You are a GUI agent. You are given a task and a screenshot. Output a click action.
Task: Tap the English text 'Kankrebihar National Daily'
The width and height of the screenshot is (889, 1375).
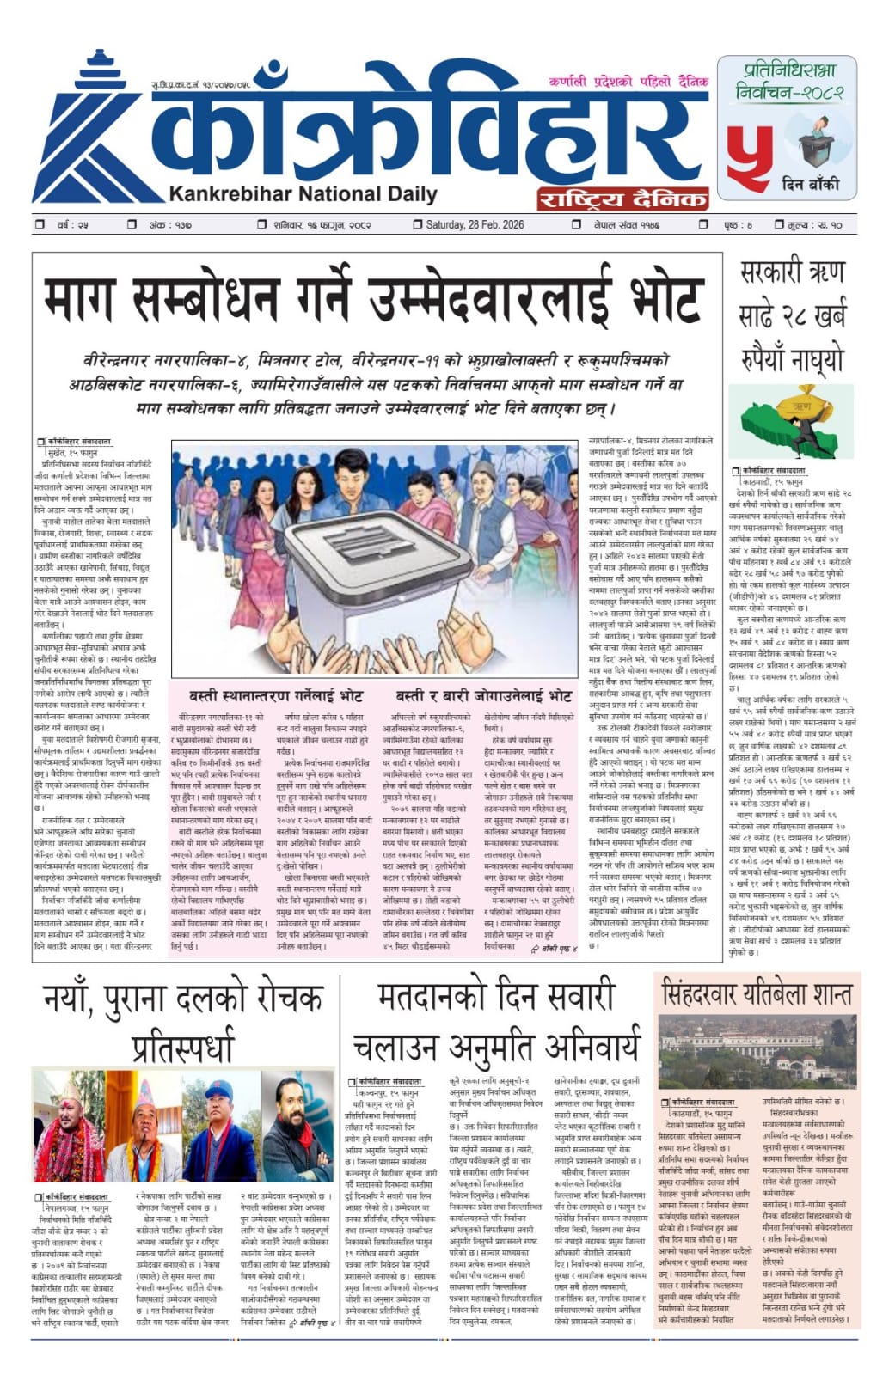pyautogui.click(x=303, y=193)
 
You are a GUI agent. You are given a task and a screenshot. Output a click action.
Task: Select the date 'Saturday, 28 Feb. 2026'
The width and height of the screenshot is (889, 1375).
pyautogui.click(x=475, y=225)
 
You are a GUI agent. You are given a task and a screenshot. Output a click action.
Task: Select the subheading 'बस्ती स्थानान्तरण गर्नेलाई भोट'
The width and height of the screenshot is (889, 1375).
pyautogui.click(x=276, y=695)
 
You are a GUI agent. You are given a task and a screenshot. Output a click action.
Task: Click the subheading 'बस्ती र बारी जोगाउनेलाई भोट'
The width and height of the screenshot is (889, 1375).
pyautogui.click(x=483, y=695)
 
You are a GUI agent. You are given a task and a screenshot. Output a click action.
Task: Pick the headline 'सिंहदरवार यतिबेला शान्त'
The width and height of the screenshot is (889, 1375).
pyautogui.click(x=757, y=994)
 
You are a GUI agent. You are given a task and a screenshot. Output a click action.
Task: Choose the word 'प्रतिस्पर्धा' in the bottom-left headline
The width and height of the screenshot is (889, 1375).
pyautogui.click(x=182, y=1047)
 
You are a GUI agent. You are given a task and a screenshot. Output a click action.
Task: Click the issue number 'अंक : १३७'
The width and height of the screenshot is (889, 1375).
pyautogui.click(x=169, y=225)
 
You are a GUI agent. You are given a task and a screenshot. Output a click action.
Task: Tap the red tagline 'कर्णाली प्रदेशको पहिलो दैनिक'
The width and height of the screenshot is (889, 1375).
pyautogui.click(x=628, y=82)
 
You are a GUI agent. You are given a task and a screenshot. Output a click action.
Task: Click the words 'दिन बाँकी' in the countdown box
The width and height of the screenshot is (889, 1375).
pyautogui.click(x=810, y=184)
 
